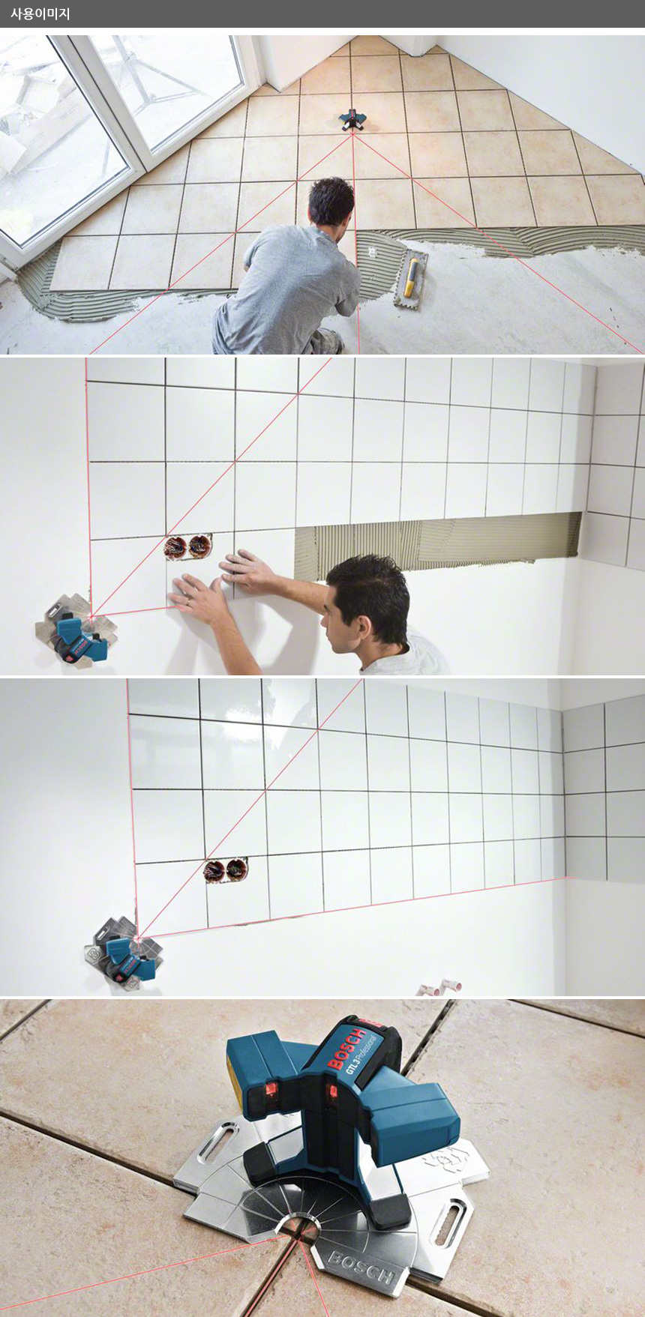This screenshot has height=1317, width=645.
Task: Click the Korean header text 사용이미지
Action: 40,13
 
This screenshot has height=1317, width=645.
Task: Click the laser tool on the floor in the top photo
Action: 352,118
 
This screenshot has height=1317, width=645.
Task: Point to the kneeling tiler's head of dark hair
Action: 331,201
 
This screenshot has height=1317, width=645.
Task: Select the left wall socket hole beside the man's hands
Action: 177,546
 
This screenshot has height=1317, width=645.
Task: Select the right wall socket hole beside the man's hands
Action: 199,546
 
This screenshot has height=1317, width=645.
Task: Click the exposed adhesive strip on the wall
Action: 438,545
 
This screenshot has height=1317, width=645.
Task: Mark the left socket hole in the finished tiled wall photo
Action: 215,871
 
